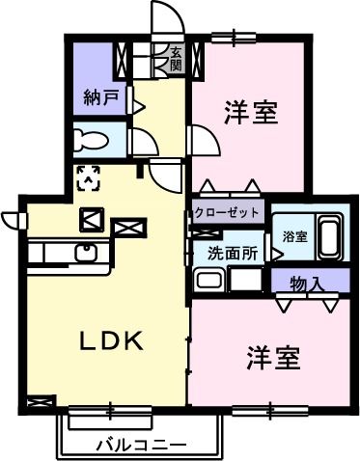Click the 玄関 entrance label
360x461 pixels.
coord(177,59)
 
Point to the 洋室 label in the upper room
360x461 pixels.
coord(252,113)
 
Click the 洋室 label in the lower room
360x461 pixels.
coord(274,357)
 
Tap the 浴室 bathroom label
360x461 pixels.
coord(295,236)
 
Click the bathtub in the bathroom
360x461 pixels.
coord(329,237)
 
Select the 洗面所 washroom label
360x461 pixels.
coord(233,255)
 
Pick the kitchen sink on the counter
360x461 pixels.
coord(84,254)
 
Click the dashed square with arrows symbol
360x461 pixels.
coord(89,176)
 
